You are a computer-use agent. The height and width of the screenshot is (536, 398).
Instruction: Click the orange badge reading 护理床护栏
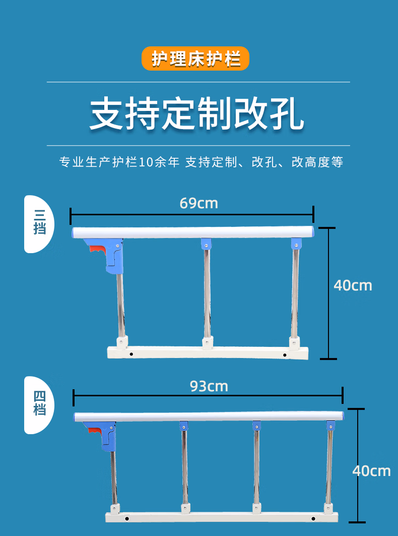pyautogui.click(x=195, y=58)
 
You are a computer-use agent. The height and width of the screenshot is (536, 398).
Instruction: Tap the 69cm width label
pyautogui.click(x=198, y=203)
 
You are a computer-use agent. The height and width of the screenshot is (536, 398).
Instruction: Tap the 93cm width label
pyautogui.click(x=209, y=386)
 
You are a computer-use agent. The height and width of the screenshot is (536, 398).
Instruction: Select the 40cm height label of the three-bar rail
pyautogui.click(x=353, y=285)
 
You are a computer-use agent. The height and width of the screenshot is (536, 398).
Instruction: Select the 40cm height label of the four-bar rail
pyautogui.click(x=371, y=471)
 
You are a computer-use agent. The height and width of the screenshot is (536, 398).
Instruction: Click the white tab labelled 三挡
pyautogui.click(x=39, y=223)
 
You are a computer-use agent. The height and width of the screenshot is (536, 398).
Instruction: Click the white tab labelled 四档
pyautogui.click(x=39, y=405)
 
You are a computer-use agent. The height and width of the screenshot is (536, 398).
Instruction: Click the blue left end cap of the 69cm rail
pyautogui.click(x=74, y=232)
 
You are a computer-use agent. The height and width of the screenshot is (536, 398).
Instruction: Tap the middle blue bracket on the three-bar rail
pyautogui.click(x=206, y=244)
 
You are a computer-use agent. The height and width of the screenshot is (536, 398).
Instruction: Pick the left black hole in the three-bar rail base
pyautogui.click(x=131, y=354)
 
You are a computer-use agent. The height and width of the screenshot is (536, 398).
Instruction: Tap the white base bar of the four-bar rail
pyautogui.click(x=222, y=517)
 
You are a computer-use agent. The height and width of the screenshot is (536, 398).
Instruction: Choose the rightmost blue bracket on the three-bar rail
pyautogui.click(x=296, y=244)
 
